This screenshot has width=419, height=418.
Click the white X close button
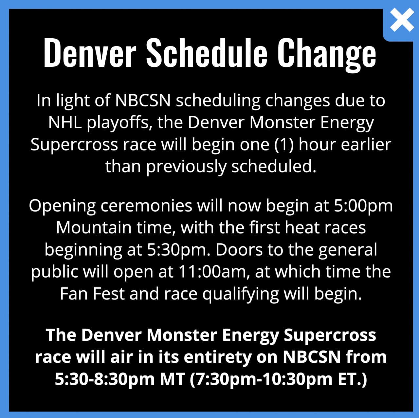[402, 20]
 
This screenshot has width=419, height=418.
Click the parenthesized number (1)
[284, 145]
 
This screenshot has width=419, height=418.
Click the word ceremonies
[146, 206]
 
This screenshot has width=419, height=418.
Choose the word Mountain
[94, 228]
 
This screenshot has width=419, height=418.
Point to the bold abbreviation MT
[172, 379]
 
